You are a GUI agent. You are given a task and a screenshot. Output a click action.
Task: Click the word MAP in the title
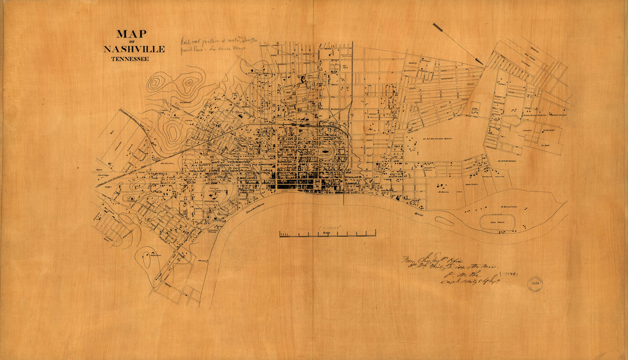131,34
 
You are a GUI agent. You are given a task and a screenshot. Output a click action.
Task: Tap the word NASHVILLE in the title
134,49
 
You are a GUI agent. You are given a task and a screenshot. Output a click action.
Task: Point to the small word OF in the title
132,42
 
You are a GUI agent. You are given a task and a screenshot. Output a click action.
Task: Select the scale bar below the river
327,234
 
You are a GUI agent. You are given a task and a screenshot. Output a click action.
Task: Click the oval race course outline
494,220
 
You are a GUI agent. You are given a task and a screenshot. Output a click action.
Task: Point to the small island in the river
444,220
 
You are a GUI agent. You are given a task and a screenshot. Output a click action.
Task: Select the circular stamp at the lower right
534,284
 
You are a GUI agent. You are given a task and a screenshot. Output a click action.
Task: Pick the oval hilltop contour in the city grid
324,153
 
